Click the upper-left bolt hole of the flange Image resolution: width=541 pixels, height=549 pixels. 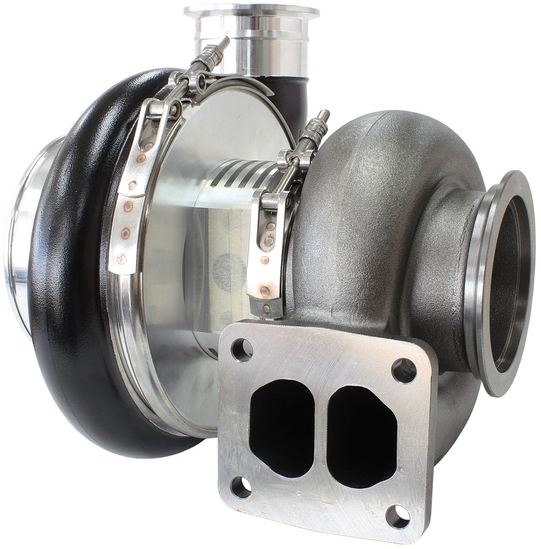tap(242, 350)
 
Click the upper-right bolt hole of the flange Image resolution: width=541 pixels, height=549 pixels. tap(404, 371)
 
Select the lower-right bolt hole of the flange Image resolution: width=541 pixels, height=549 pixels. tap(397, 516)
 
